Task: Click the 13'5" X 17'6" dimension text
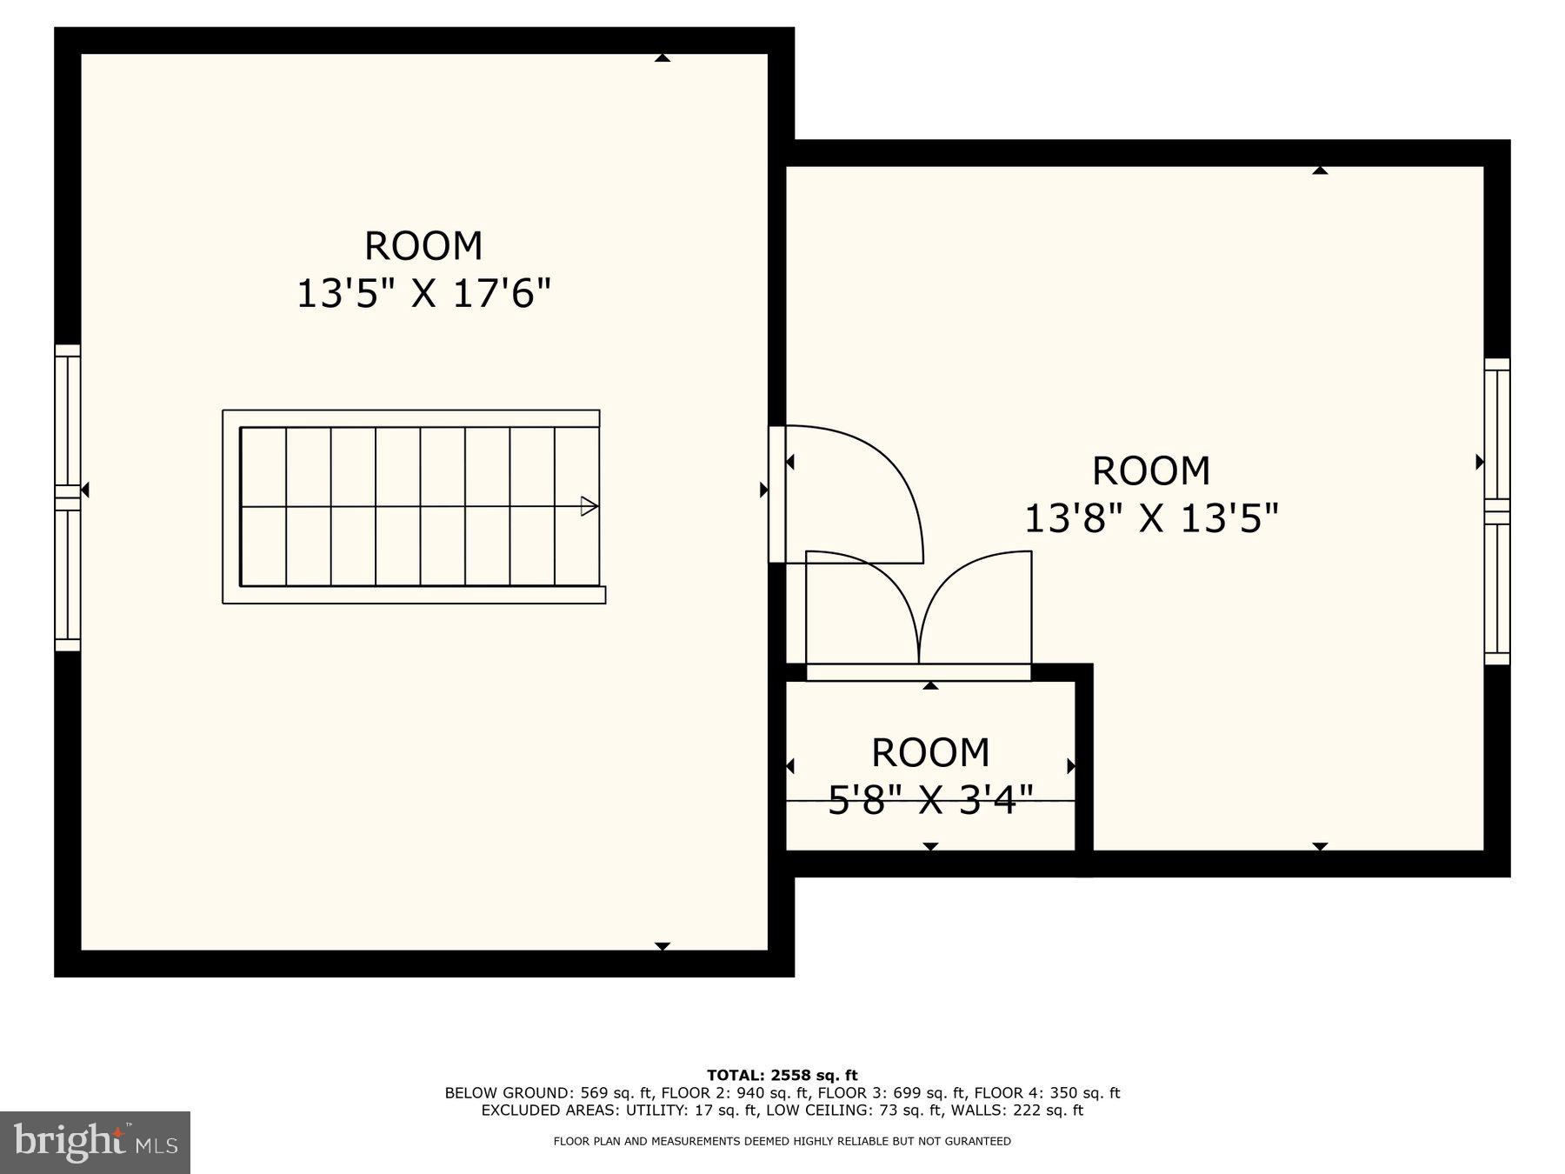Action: [x=424, y=294]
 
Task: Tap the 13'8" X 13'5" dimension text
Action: [x=1151, y=519]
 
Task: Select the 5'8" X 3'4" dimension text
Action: [x=930, y=800]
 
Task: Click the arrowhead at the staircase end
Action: [x=589, y=506]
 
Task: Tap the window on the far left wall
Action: [x=68, y=497]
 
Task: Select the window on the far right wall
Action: [x=1496, y=511]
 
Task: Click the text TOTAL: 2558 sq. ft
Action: [x=782, y=1076]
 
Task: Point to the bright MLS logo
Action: [x=95, y=1142]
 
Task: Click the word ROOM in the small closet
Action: [x=930, y=753]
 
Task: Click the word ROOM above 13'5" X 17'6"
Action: [x=423, y=246]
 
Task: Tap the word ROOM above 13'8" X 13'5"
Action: [x=1151, y=471]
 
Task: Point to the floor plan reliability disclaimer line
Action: [x=782, y=1141]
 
